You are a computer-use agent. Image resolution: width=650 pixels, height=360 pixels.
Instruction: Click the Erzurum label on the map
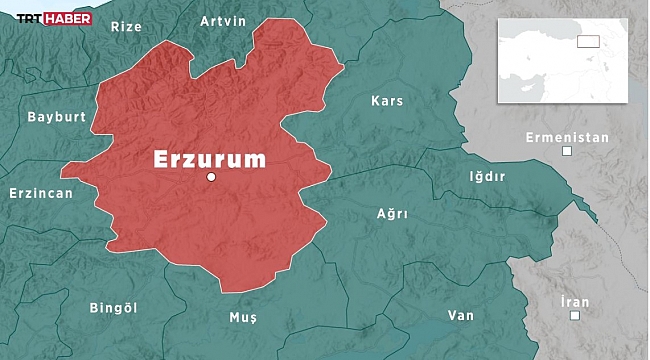pyautogui.click(x=209, y=158)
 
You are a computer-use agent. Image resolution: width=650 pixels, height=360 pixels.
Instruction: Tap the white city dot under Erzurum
pyautogui.click(x=211, y=177)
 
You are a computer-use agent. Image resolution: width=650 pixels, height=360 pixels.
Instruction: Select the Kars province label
pyautogui.click(x=386, y=101)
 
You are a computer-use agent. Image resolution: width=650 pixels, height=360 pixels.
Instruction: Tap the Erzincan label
pyautogui.click(x=41, y=193)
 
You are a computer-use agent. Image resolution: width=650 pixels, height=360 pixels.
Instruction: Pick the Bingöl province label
pyautogui.click(x=112, y=306)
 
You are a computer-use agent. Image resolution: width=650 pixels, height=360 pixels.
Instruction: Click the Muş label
pyautogui.click(x=243, y=317)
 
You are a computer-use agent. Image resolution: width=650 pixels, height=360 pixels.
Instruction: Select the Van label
pyautogui.click(x=460, y=315)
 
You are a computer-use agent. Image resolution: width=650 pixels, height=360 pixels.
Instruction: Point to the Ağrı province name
pyautogui.click(x=392, y=213)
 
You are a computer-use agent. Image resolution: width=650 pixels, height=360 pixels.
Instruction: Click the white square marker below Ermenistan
pyautogui.click(x=567, y=151)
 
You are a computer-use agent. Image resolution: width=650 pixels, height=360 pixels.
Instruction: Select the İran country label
pyautogui.click(x=575, y=301)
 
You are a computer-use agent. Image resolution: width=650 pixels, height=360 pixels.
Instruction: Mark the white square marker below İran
pyautogui.click(x=575, y=316)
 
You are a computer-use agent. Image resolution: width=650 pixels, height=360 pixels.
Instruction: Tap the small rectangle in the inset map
pyautogui.click(x=587, y=42)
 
